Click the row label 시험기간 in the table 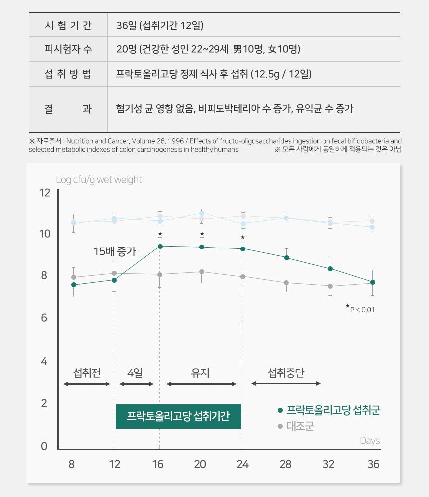tap(68, 25)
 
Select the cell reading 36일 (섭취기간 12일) tap(160, 25)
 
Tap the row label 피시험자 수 tap(68, 49)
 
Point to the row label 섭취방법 tap(68, 74)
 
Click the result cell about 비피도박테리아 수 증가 tap(234, 109)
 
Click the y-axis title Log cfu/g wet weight tap(99, 180)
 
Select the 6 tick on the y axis tap(45, 318)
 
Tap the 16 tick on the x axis tap(158, 464)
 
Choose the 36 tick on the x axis tap(373, 464)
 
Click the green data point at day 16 tap(160, 246)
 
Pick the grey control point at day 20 tap(202, 272)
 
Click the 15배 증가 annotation tap(115, 251)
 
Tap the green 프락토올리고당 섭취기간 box tap(179, 416)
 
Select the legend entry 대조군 tap(300, 427)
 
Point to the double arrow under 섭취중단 tap(286, 384)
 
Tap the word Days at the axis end tap(370, 441)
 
